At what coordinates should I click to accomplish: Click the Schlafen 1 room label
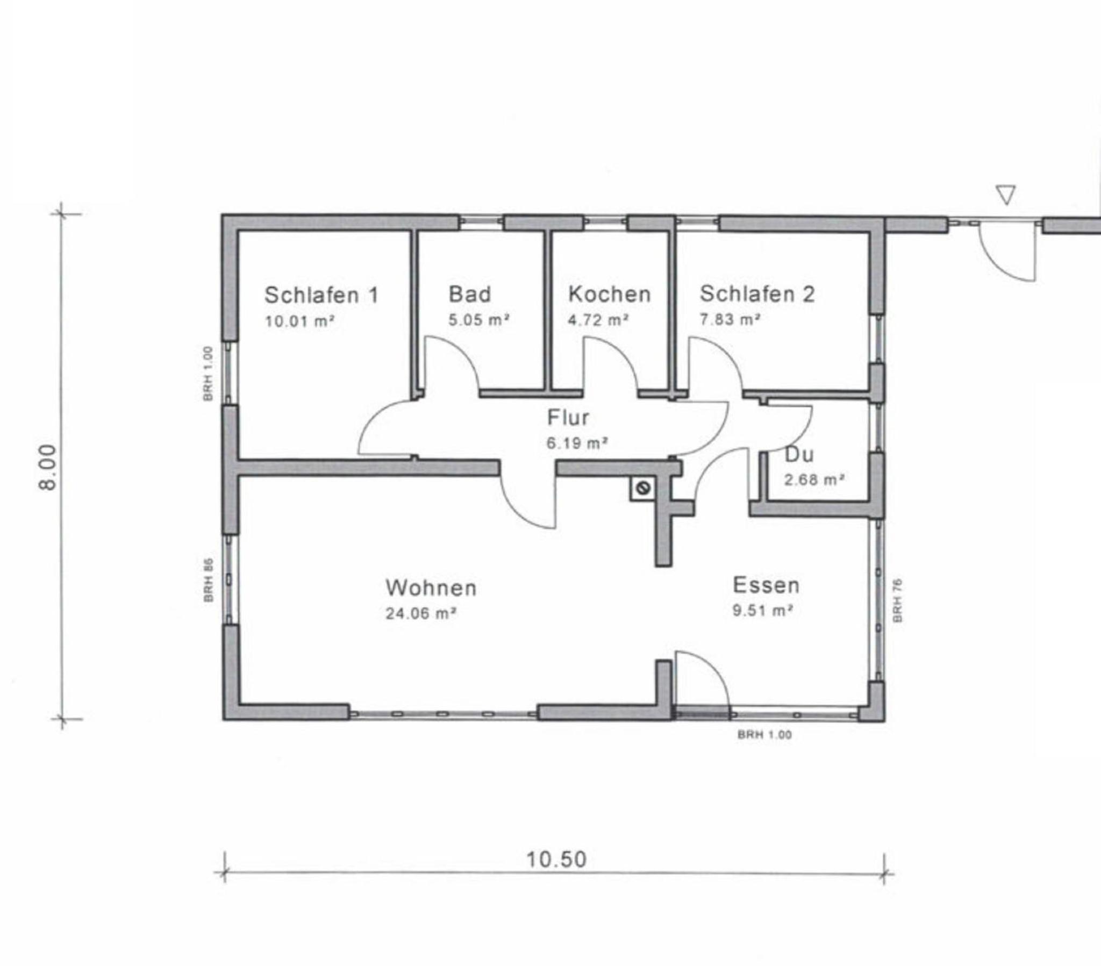click(321, 295)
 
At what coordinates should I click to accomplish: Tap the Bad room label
click(470, 294)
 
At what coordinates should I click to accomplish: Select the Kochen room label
click(609, 294)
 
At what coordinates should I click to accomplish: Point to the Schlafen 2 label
click(757, 294)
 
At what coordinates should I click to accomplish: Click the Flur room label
click(568, 418)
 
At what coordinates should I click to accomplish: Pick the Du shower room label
click(799, 455)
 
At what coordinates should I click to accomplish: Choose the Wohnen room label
click(431, 588)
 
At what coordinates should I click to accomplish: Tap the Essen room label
click(766, 585)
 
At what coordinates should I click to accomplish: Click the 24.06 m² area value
click(421, 614)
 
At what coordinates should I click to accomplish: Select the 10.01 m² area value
click(299, 321)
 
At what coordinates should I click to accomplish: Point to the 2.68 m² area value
click(814, 480)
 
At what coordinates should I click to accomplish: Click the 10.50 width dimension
click(556, 860)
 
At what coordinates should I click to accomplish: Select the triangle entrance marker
click(1006, 195)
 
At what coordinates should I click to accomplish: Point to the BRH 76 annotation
click(897, 600)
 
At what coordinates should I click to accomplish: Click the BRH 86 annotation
click(209, 580)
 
